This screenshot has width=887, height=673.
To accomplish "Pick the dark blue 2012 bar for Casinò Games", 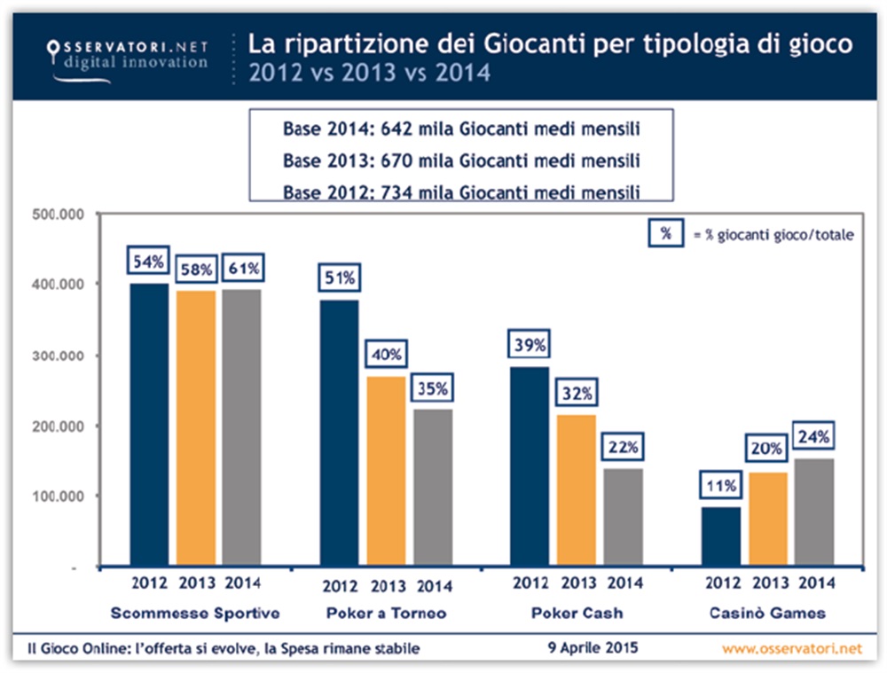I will (719, 537).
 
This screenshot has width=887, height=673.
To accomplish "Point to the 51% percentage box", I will (338, 278).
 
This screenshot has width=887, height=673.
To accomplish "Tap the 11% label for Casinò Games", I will (719, 487).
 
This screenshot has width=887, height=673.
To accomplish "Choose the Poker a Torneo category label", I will (386, 613).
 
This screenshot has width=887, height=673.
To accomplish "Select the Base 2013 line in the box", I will (461, 160).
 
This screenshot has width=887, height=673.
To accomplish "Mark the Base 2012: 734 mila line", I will (461, 192).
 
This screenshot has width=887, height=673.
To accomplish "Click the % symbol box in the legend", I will (664, 234).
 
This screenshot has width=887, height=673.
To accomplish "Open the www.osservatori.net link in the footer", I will (791, 649).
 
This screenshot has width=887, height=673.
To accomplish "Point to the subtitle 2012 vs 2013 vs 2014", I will (369, 72).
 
